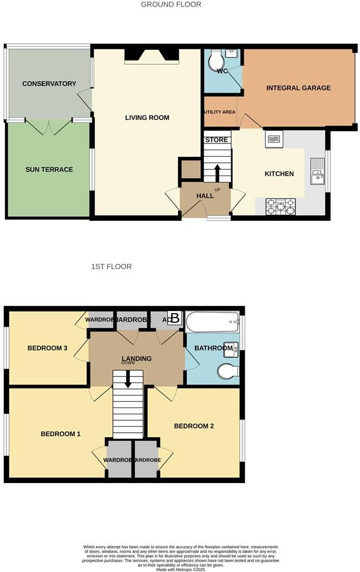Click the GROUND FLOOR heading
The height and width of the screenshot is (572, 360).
(x=171, y=4)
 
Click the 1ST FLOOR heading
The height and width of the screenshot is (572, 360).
(x=112, y=266)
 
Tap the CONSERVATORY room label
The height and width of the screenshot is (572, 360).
(x=49, y=84)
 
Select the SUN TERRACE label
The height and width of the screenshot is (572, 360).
(x=49, y=170)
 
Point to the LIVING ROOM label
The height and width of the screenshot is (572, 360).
(x=147, y=118)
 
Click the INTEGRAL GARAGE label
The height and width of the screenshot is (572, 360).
(x=298, y=88)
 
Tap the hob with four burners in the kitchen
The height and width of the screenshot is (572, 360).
(x=281, y=206)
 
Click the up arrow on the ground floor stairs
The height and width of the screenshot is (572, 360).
(x=217, y=172)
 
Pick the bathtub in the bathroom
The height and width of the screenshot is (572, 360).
(x=212, y=323)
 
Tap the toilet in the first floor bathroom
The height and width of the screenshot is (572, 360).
(x=227, y=372)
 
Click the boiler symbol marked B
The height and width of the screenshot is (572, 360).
(x=174, y=318)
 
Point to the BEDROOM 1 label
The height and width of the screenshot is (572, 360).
(x=61, y=434)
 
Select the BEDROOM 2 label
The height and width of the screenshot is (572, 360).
(x=194, y=426)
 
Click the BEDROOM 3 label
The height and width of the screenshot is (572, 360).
(x=47, y=348)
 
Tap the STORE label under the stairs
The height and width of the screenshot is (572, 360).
(x=217, y=140)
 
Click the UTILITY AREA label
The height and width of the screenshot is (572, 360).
(x=219, y=112)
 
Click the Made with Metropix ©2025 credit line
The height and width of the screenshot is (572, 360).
(x=180, y=569)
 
